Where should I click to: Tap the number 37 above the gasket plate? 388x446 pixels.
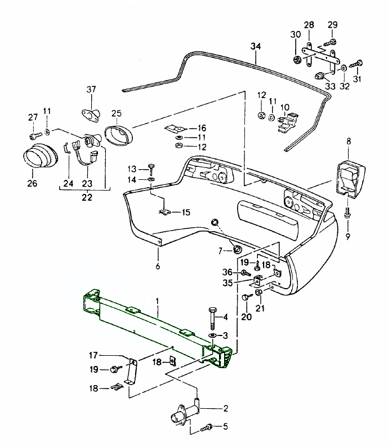[91, 90]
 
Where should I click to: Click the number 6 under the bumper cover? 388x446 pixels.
[158, 266]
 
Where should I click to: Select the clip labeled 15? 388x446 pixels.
[164, 213]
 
